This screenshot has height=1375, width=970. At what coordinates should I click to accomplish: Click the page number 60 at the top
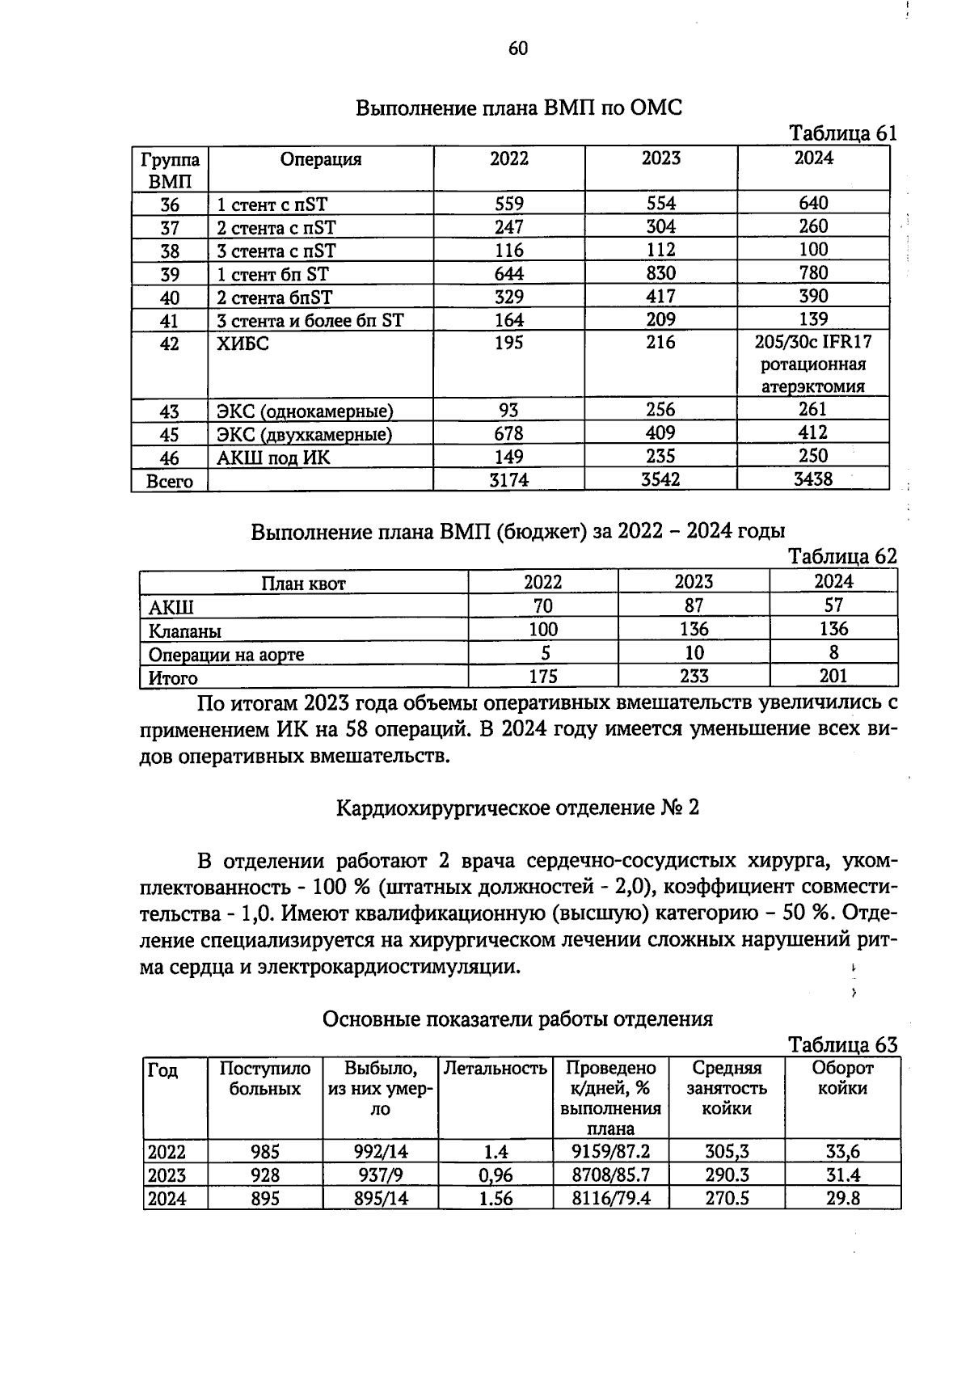[517, 49]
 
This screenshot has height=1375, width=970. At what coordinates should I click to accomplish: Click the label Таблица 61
[842, 133]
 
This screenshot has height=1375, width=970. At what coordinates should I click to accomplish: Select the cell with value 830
[660, 273]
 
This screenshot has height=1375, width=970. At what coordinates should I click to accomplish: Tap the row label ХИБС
[242, 344]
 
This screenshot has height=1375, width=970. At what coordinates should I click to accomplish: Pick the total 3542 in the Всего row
[660, 480]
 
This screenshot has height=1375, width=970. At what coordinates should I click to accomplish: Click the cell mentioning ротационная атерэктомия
[812, 365]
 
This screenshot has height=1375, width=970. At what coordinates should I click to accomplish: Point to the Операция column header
[321, 159]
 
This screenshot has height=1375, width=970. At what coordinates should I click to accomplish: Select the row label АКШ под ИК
[273, 458]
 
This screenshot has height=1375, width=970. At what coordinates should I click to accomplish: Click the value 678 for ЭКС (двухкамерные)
[508, 434]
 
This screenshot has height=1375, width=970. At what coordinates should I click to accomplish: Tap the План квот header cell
[303, 583]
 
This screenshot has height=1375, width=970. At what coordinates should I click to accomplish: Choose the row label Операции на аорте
[226, 654]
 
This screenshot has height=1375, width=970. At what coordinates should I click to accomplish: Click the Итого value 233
[694, 676]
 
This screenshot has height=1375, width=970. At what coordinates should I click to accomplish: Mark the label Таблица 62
[842, 556]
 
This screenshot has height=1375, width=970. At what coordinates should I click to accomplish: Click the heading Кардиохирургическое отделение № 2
[517, 808]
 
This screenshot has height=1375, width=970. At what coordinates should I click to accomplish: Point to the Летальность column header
[496, 1069]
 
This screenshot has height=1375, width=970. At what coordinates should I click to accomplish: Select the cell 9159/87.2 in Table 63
[610, 1152]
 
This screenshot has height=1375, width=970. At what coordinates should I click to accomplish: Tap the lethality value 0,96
[495, 1175]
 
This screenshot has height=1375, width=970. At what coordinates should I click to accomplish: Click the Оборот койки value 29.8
[842, 1198]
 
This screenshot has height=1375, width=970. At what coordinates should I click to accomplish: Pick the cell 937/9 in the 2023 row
[380, 1175]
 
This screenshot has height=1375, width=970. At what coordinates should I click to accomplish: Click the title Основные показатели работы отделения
[517, 1019]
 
